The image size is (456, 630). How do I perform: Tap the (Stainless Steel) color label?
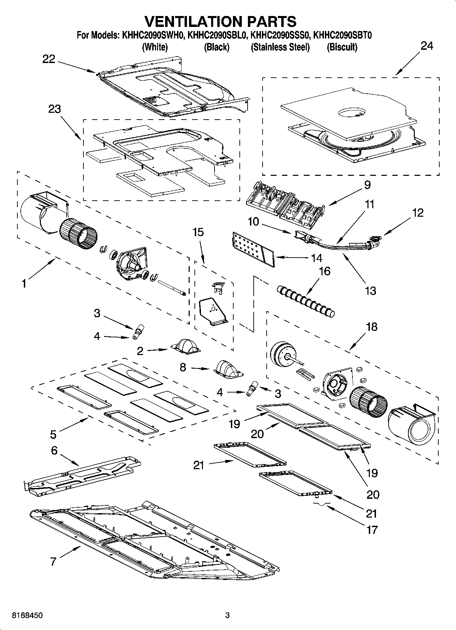[280, 47]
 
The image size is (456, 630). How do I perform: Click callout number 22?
[49, 59]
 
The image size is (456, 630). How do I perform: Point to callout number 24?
[427, 46]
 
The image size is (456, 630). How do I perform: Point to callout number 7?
[53, 561]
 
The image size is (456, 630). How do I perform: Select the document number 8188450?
[27, 615]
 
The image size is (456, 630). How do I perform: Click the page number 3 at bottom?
[227, 615]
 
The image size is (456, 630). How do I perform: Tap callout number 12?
[418, 213]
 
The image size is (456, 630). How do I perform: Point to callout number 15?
[198, 232]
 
